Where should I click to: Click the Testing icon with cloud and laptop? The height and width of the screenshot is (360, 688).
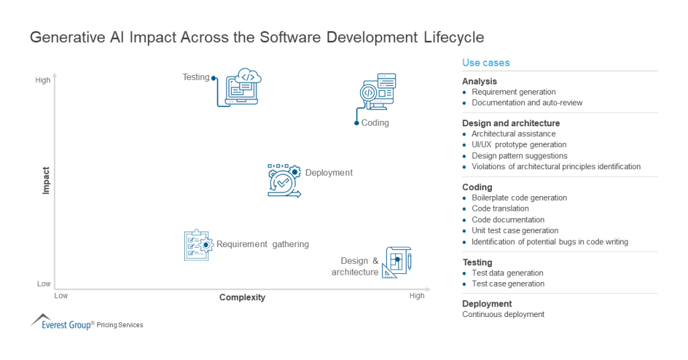(239, 87)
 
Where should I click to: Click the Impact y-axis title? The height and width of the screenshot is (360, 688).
(46, 180)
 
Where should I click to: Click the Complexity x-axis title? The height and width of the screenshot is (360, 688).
(242, 298)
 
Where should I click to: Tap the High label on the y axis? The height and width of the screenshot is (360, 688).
(43, 81)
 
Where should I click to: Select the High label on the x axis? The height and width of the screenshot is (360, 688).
(417, 296)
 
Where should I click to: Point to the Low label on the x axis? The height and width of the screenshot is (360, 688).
(61, 296)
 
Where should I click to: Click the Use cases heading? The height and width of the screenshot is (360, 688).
(486, 63)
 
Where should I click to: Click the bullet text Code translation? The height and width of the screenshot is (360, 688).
(500, 209)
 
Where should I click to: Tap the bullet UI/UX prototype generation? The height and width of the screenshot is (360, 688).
(519, 144)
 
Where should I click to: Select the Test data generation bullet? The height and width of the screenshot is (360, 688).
(507, 273)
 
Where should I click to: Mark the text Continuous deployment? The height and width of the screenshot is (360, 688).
(503, 314)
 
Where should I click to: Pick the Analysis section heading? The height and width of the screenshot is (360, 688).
(480, 81)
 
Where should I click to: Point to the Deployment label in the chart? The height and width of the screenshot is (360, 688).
(329, 173)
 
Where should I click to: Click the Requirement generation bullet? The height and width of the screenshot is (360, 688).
(513, 92)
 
